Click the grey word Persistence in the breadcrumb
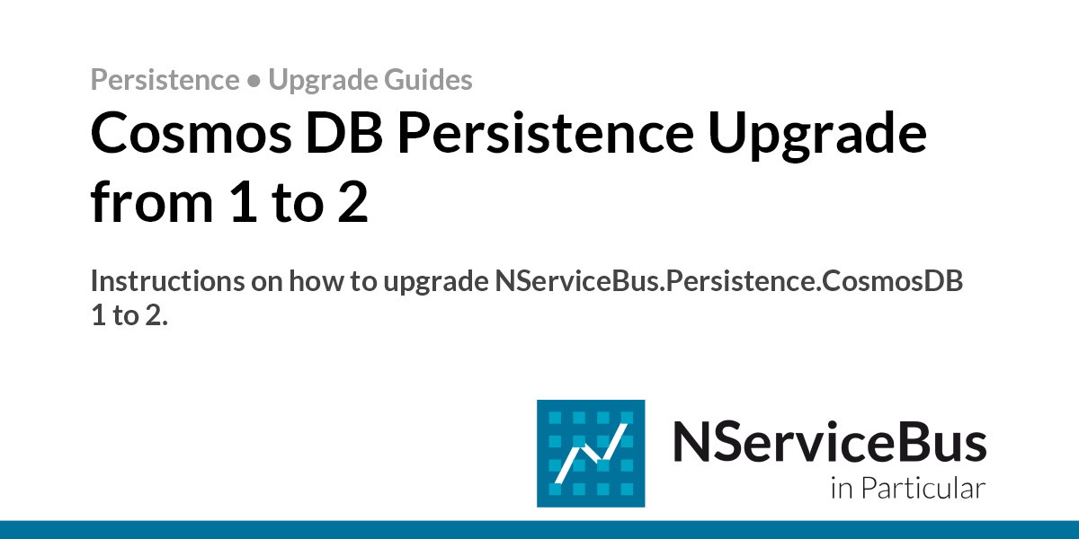(x=165, y=79)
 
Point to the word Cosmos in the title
(x=191, y=133)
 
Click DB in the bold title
(x=344, y=133)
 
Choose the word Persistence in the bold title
(x=545, y=133)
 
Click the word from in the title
(x=152, y=201)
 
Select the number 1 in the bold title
(x=244, y=202)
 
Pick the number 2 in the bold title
(x=352, y=202)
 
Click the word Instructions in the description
(x=167, y=281)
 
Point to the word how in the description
(x=317, y=281)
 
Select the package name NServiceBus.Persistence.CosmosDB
(x=729, y=281)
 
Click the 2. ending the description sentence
(x=156, y=315)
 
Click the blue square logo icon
(x=591, y=454)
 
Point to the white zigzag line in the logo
(x=591, y=454)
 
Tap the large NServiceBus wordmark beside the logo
(x=829, y=442)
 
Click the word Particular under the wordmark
(x=923, y=488)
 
